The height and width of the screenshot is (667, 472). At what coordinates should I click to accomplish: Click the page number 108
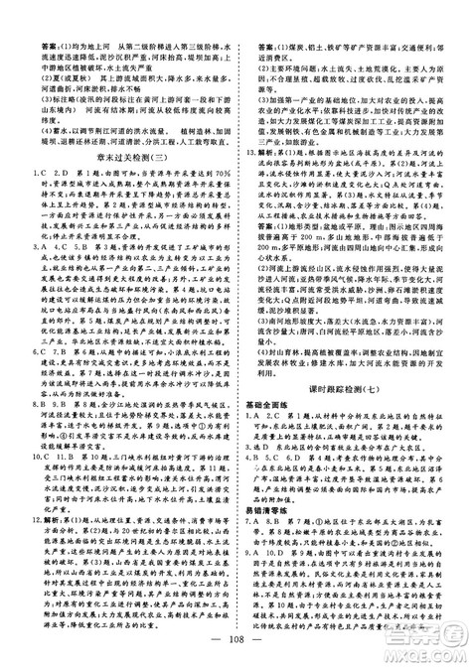[235, 648]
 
